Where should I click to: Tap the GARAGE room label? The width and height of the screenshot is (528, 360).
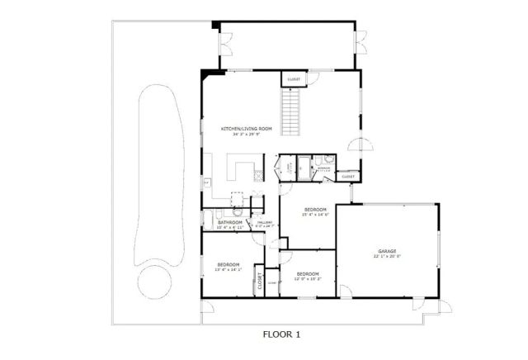click(x=389, y=250)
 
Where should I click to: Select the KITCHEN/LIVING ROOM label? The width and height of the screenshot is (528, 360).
click(x=246, y=129)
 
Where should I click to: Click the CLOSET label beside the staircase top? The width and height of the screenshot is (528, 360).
click(x=293, y=78)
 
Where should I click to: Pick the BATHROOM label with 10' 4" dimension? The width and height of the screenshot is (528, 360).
click(x=229, y=222)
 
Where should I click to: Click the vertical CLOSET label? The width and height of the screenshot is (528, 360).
click(x=258, y=281)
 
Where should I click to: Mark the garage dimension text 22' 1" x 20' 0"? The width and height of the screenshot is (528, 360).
click(x=388, y=256)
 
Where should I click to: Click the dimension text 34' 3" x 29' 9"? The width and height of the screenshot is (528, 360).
click(x=246, y=135)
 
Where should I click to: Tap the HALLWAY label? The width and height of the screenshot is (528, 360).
click(x=265, y=223)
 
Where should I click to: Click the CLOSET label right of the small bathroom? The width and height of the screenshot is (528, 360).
click(x=348, y=176)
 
